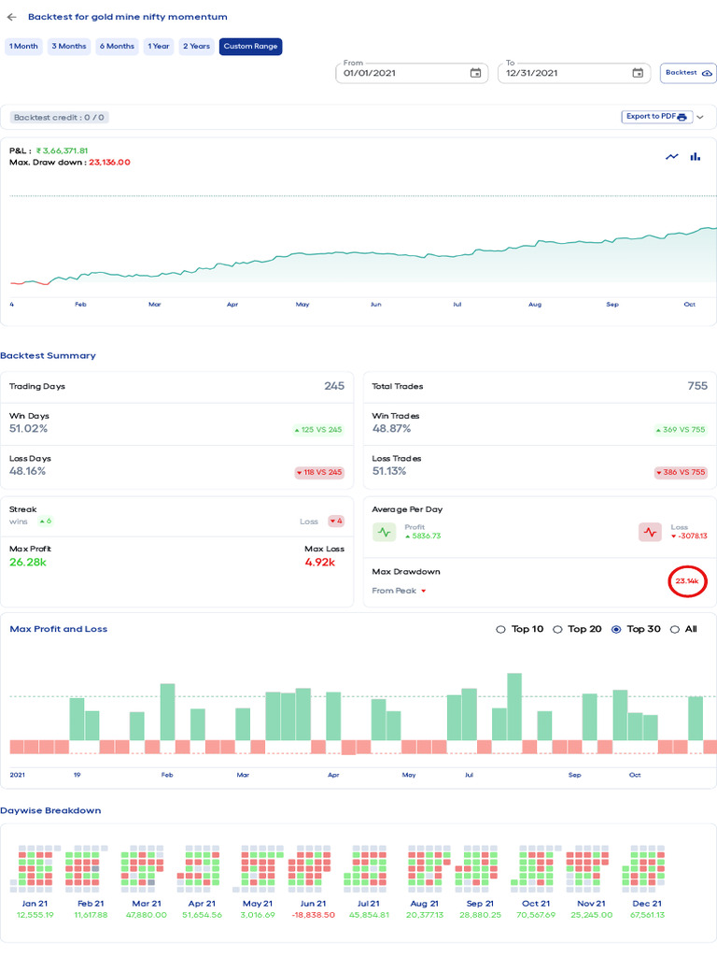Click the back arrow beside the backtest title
point(11,17)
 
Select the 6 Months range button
point(117,46)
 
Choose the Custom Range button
point(250,46)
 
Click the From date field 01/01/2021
point(401,73)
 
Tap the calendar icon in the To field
point(638,73)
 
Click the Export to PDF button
point(656,117)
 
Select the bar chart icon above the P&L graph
point(695,156)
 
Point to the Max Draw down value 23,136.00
point(109,162)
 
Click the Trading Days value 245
point(334,386)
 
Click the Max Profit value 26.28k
point(29,563)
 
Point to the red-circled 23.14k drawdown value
point(687,581)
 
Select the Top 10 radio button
point(501,629)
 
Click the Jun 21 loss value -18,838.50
point(313,915)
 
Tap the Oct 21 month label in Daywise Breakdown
point(536,904)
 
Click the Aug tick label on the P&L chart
point(534,305)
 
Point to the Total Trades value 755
point(696,386)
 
